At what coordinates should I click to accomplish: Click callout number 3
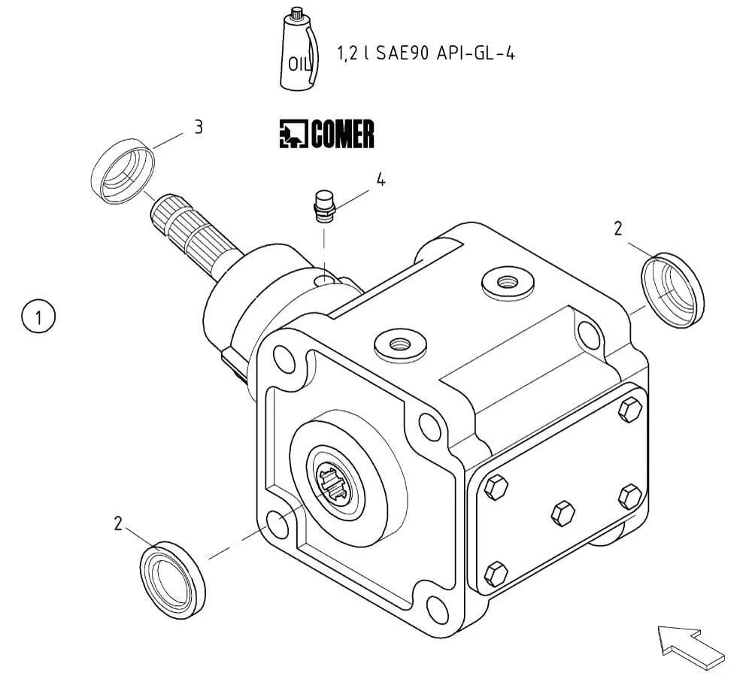[199, 126]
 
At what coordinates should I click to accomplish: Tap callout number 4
[381, 180]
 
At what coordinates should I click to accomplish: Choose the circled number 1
[38, 317]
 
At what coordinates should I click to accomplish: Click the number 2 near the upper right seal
[618, 229]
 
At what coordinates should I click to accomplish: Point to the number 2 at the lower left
[117, 524]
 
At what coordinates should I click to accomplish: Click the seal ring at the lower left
[174, 577]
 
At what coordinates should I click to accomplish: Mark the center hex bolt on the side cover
[562, 514]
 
